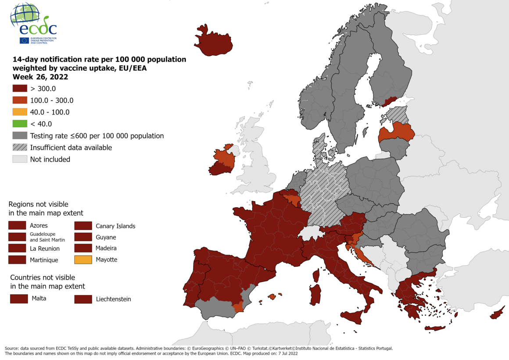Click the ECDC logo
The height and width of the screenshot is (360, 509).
34,24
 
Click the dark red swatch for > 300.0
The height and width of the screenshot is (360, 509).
20,88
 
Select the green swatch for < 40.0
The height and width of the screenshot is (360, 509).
20,124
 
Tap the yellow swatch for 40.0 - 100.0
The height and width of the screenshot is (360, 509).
20,112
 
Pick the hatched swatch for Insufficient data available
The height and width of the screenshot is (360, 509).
20,148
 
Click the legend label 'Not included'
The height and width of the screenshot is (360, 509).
50,159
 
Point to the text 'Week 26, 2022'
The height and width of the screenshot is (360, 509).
40,77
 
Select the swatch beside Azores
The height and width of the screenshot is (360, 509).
17,226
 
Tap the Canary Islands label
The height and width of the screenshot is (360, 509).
115,226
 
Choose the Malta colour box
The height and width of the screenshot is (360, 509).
18,299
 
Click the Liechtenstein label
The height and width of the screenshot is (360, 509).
113,299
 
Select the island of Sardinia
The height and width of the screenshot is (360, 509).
315,295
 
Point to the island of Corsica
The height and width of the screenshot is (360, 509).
315,276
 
